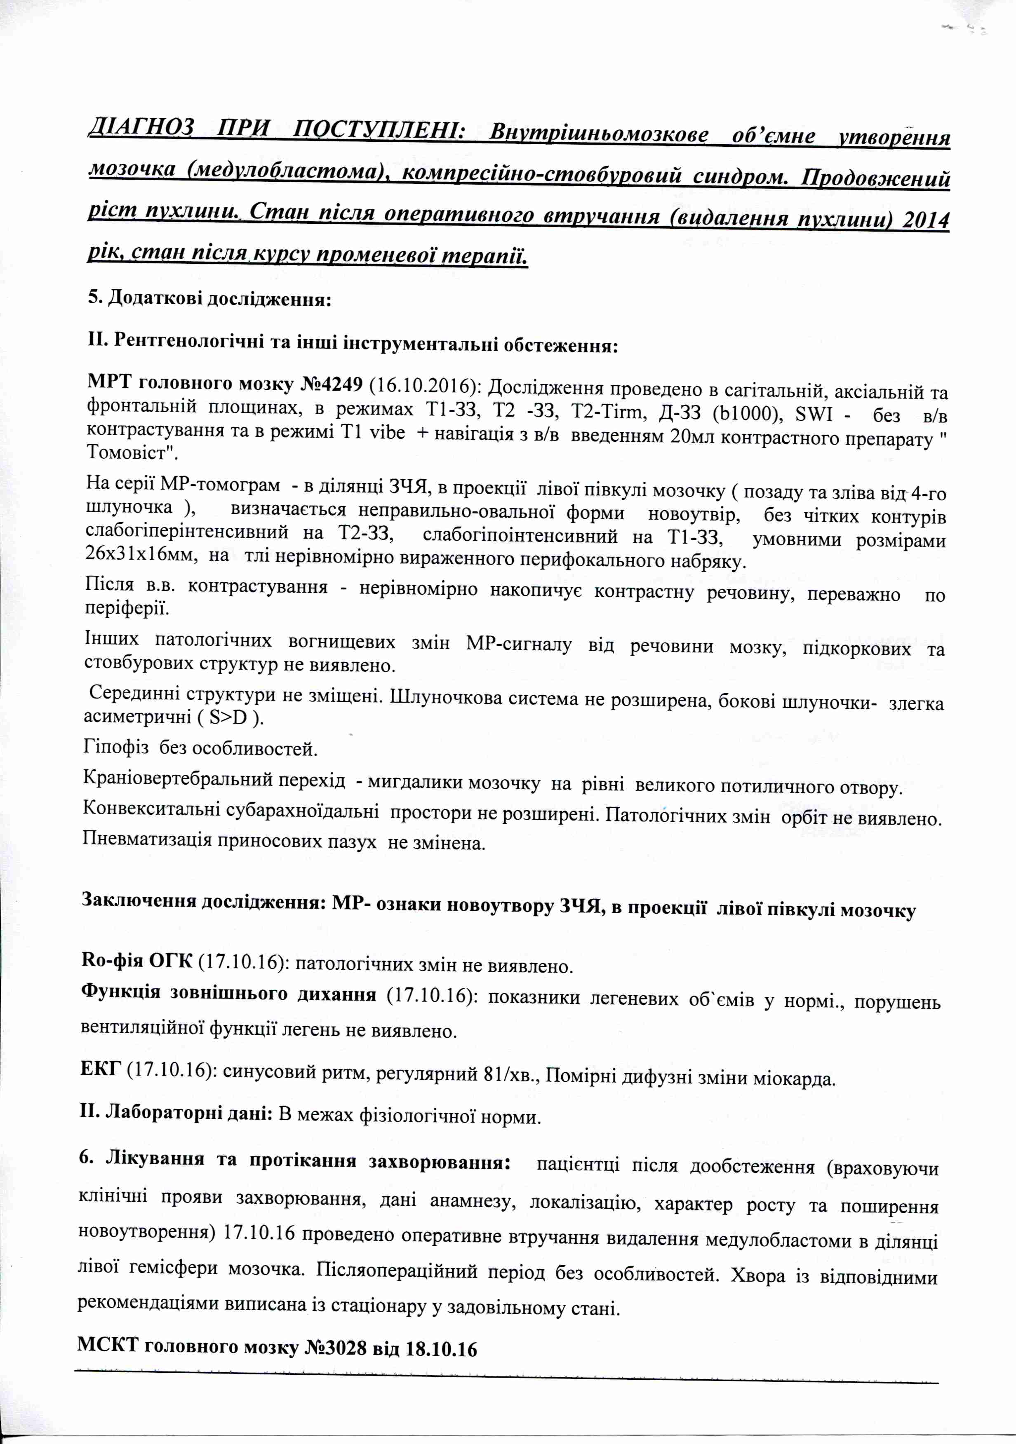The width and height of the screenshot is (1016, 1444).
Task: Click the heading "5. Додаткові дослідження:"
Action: [209, 298]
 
